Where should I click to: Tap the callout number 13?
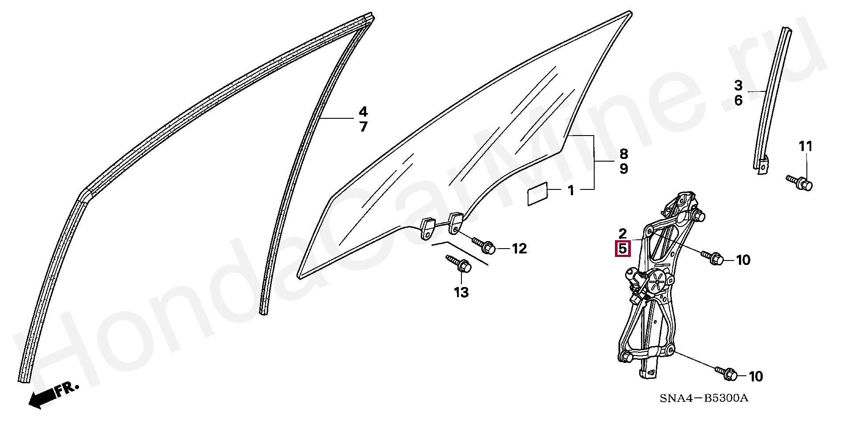click(461, 292)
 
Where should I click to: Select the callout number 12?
click(519, 249)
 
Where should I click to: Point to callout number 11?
click(806, 146)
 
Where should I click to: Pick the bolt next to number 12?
click(484, 245)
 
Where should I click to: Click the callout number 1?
click(571, 191)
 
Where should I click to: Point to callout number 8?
click(623, 154)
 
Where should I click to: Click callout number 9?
click(623, 169)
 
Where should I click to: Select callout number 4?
click(363, 112)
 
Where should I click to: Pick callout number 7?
click(363, 127)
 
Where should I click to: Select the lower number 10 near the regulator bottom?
click(756, 376)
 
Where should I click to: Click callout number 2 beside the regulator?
click(622, 234)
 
